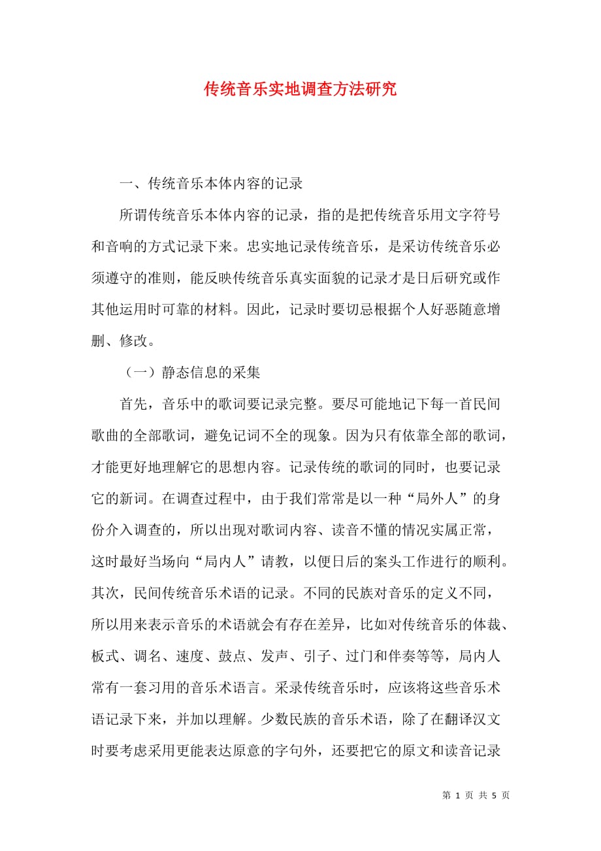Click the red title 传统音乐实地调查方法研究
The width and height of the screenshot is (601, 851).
coord(300,90)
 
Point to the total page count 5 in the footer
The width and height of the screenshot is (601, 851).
coord(495,795)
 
